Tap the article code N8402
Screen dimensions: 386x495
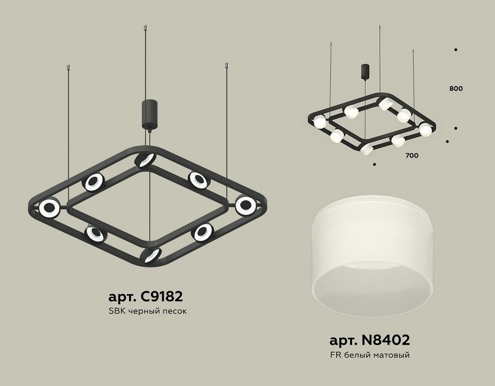point(369,340)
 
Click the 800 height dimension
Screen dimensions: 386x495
point(456,88)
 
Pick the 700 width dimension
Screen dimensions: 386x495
point(412,155)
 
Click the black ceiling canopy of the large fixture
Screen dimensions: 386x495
point(148,113)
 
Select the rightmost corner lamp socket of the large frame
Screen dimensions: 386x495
point(246,204)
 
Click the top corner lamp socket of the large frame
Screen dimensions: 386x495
point(144,159)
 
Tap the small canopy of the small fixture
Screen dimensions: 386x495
point(364,71)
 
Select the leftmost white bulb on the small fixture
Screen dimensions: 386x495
point(320,122)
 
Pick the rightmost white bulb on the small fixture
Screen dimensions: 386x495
point(425,129)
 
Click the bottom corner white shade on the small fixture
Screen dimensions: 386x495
point(365,150)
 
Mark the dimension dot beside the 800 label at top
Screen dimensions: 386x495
point(455,50)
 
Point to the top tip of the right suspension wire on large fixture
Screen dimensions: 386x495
point(226,66)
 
